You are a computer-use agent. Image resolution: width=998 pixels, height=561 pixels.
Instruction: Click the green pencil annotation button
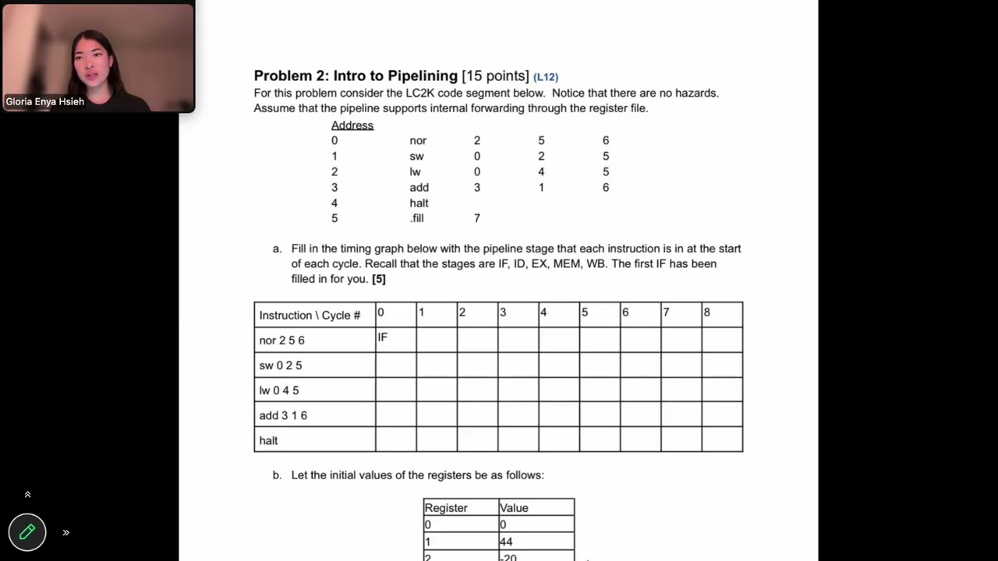(27, 532)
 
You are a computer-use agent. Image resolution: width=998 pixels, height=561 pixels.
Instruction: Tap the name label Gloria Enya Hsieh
(45, 101)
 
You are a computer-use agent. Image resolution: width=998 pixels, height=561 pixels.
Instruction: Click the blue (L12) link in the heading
(546, 77)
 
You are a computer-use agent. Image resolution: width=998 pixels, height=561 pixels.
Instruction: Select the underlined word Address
(352, 125)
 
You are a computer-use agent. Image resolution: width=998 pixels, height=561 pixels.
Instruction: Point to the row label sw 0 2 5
(281, 365)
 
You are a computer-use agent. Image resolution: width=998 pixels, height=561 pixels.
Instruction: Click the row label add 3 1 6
(283, 415)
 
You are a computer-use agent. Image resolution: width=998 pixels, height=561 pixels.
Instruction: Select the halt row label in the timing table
(269, 440)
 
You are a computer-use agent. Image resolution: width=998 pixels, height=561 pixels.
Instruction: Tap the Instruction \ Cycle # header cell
(310, 315)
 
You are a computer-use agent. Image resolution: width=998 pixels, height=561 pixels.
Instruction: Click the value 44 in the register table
(508, 542)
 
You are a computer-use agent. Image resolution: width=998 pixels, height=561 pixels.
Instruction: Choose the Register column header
(446, 508)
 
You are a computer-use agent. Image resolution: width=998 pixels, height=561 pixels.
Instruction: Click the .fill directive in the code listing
(417, 218)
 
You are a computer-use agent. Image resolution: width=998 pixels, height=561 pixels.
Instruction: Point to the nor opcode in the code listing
(418, 140)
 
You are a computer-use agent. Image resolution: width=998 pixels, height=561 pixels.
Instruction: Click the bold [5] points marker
(379, 279)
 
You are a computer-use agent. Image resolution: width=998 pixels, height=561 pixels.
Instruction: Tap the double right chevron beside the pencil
(66, 533)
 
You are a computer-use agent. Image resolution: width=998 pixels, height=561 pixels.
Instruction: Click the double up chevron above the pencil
(27, 495)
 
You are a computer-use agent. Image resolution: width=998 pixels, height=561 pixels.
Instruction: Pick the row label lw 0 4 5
(279, 390)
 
